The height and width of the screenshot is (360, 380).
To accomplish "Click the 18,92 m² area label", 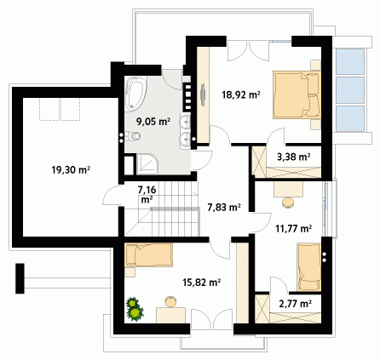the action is click(241, 94).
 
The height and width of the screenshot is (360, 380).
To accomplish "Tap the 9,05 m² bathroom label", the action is click(153, 122).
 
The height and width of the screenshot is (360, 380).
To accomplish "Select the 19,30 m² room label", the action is click(71, 170).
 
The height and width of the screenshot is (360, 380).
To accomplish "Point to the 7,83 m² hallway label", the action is click(224, 208).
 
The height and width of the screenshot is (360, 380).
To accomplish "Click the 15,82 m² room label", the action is click(202, 283).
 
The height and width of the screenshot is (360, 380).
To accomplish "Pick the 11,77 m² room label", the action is click(294, 228).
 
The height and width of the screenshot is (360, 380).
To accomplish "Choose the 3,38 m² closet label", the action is click(293, 157).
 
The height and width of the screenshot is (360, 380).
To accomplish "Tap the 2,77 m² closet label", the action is click(296, 304).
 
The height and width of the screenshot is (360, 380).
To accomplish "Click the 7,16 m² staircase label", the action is click(147, 194).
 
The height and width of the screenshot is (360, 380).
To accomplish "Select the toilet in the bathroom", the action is click(133, 136).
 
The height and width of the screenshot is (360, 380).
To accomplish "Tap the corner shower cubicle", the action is click(147, 164).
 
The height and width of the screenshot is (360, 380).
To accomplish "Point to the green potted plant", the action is click(135, 309).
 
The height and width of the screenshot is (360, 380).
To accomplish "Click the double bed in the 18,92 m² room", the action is click(297, 94).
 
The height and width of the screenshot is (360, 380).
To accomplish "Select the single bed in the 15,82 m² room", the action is click(149, 254).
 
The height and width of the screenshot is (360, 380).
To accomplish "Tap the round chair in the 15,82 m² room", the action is click(170, 301).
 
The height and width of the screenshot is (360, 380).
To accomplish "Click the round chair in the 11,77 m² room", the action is click(288, 203).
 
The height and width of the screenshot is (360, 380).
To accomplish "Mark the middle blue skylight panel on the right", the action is click(350, 90).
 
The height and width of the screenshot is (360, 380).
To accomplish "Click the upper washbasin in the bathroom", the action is click(185, 122).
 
